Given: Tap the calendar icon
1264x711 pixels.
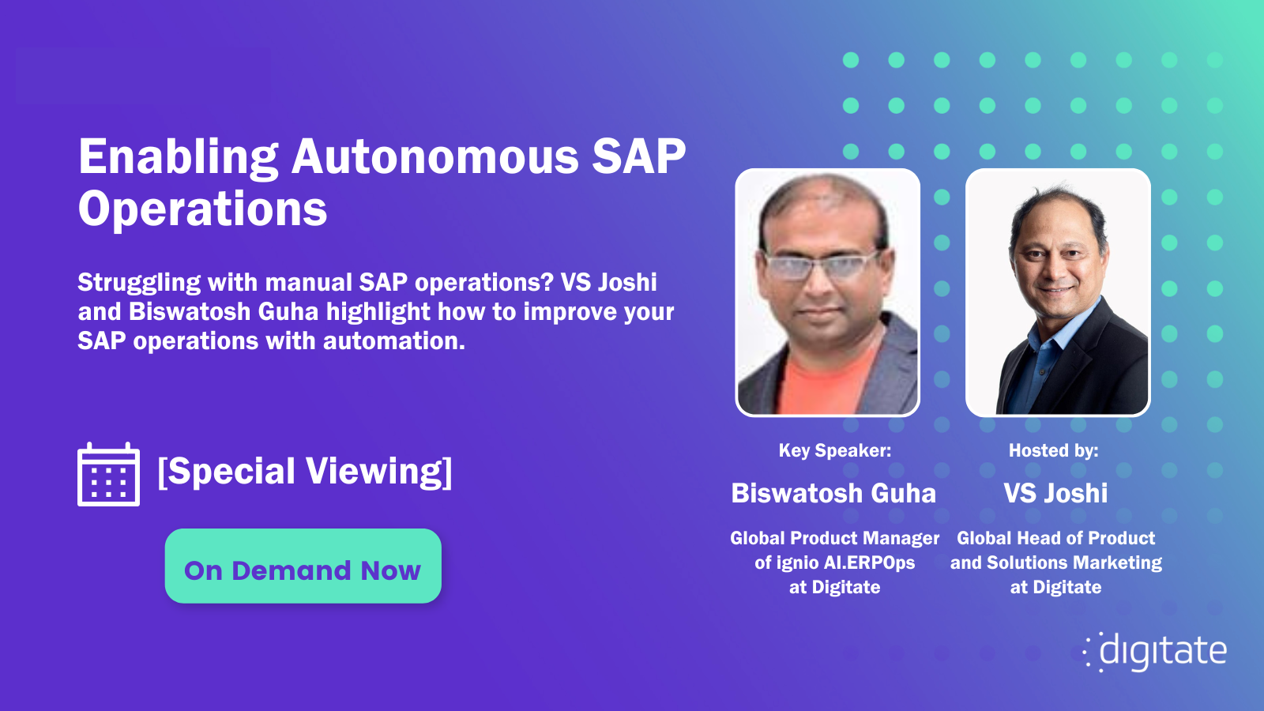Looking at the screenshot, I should click(109, 475).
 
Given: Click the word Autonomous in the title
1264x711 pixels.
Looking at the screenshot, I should click(434, 156).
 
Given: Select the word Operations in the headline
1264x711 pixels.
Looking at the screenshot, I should click(202, 209).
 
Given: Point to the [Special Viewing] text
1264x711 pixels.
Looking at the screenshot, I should click(305, 472).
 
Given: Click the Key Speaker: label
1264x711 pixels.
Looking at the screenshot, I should click(834, 451).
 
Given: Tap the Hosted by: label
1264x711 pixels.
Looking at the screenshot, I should click(1053, 451).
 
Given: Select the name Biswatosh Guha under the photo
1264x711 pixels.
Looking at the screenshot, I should click(833, 494).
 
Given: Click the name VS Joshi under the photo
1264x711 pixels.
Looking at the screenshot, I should click(1055, 494).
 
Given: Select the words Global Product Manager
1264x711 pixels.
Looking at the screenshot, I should click(834, 539).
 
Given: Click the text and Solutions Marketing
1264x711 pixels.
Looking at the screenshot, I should click(1055, 563).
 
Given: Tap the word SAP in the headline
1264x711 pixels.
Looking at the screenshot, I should click(638, 156).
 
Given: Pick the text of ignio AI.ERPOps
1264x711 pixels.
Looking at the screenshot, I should click(834, 563).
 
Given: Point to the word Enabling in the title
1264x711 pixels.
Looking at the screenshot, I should click(178, 156).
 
